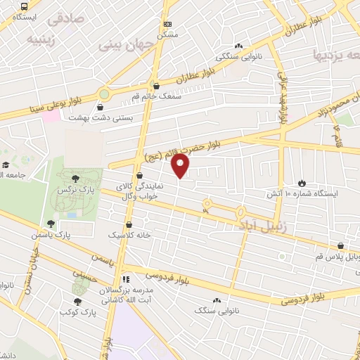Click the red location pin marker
tap(181, 166)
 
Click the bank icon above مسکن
tap(167, 24)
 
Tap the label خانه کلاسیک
tap(129, 235)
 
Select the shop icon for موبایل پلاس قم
tap(341, 245)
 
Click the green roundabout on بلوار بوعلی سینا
tap(105, 93)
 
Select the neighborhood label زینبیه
tap(40, 39)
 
